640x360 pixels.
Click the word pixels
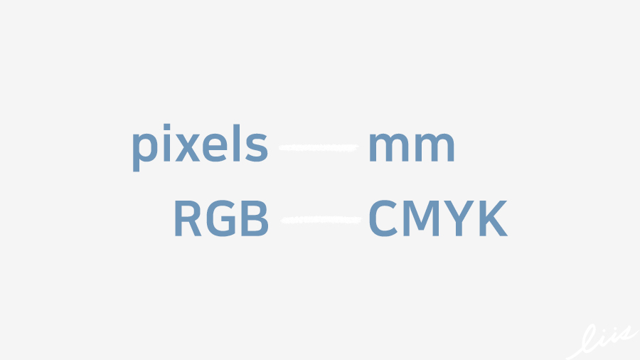click(x=200, y=147)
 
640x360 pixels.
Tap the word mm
click(x=411, y=148)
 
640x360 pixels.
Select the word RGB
click(x=221, y=219)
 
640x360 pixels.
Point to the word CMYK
click(x=437, y=219)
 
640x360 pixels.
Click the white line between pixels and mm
click(x=318, y=147)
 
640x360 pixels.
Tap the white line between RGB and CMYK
click(x=320, y=220)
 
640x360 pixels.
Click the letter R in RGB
click(x=188, y=219)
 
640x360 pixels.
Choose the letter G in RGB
click(x=221, y=219)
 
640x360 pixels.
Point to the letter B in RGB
click(x=255, y=219)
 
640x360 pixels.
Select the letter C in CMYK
click(x=383, y=219)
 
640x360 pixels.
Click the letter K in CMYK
click(x=493, y=219)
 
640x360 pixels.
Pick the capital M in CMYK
click(x=422, y=219)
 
